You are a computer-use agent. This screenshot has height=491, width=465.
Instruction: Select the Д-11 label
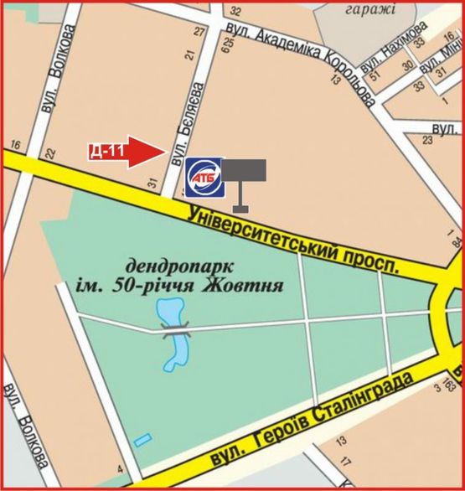[x=106, y=152]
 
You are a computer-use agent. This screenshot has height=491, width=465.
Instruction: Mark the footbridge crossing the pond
[x=177, y=332]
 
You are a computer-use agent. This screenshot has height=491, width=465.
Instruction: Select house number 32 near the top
[x=235, y=12]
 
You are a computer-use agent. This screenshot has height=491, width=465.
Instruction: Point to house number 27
[x=199, y=32]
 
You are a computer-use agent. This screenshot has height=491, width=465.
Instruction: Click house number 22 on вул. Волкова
[x=50, y=152]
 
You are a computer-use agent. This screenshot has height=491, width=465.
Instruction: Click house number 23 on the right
[x=427, y=141]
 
